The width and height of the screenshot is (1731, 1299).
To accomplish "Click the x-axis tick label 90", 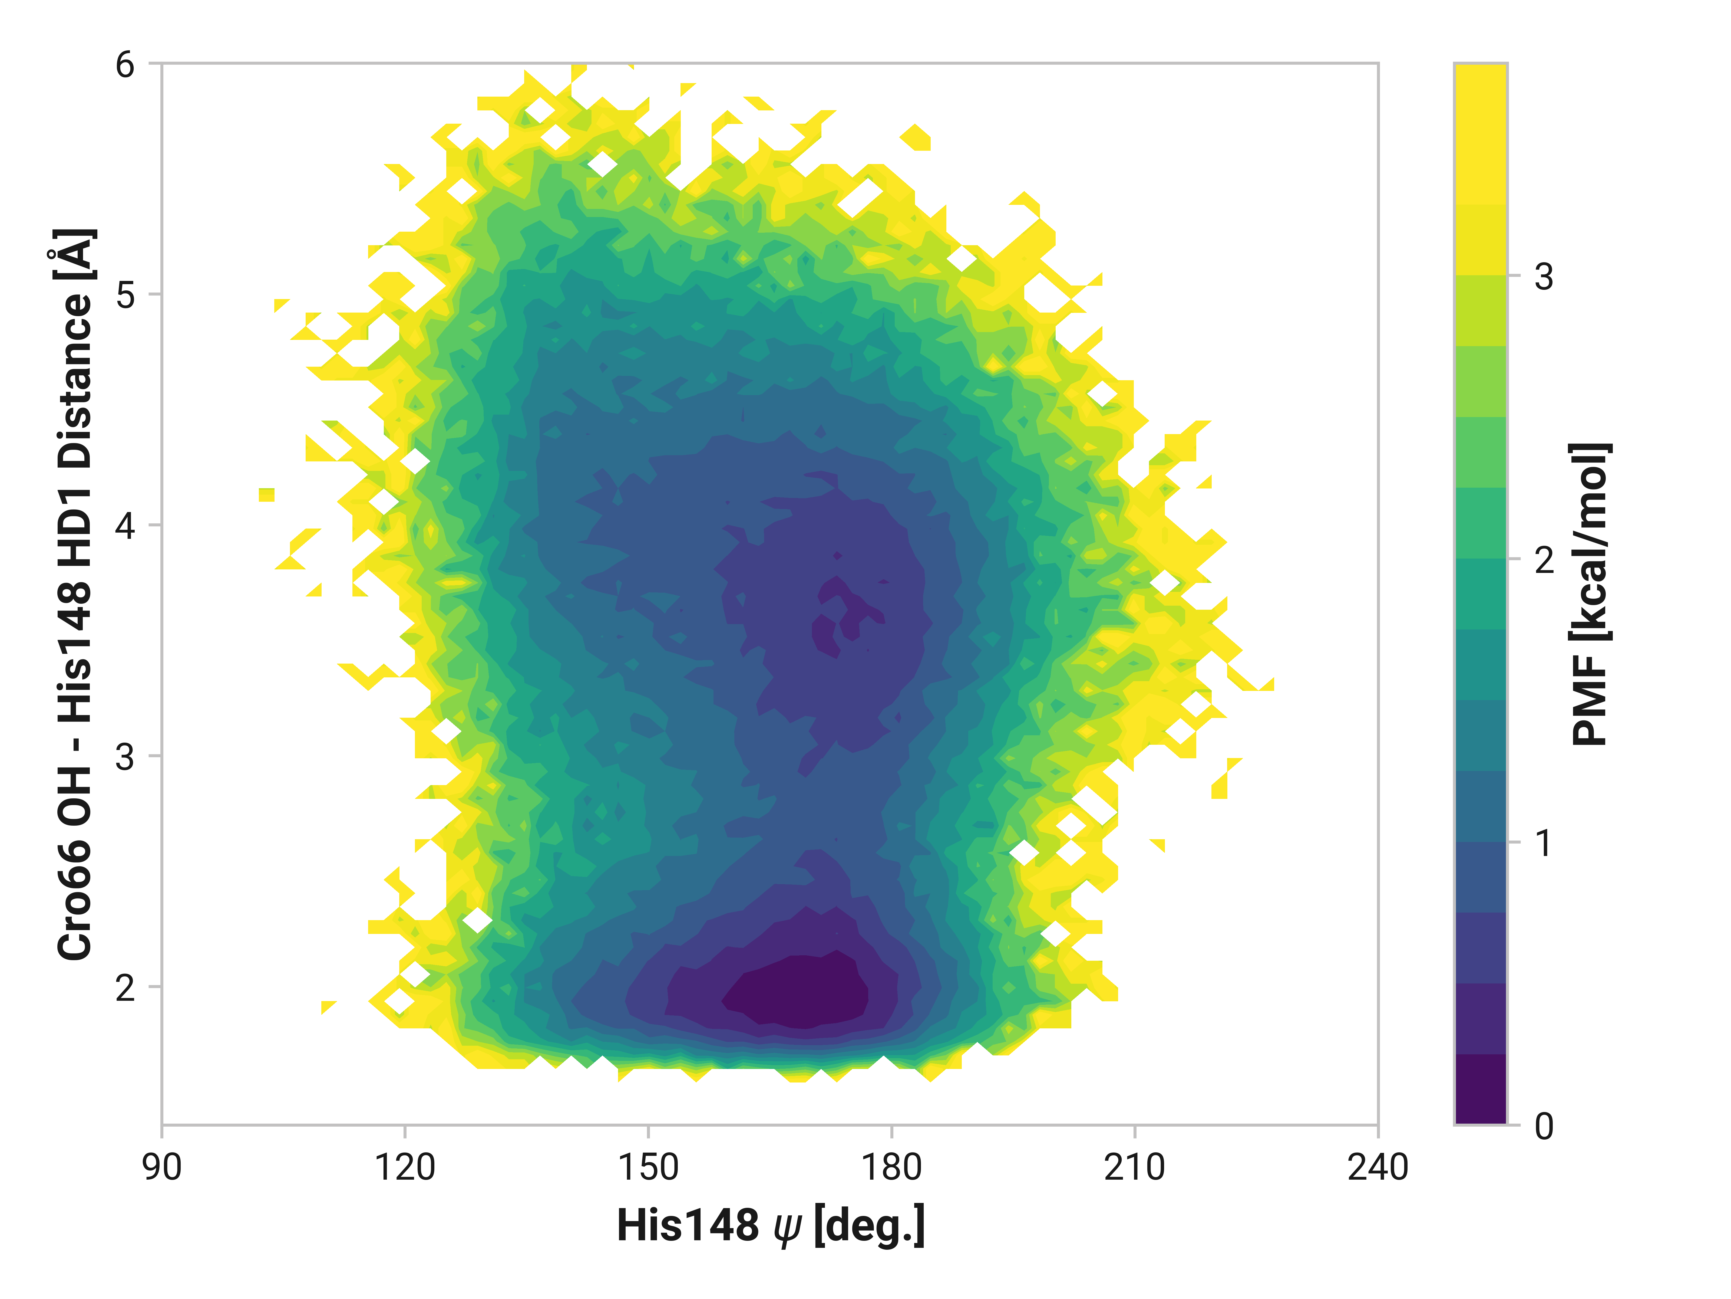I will pyautogui.click(x=162, y=1167).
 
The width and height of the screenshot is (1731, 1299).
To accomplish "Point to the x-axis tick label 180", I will pyautogui.click(x=891, y=1167).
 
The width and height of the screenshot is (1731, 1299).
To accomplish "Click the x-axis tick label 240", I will pyautogui.click(x=1377, y=1167).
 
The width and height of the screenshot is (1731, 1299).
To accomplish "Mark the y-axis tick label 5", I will pyautogui.click(x=125, y=295).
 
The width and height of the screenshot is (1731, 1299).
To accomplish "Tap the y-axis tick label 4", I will pyautogui.click(x=125, y=525).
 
